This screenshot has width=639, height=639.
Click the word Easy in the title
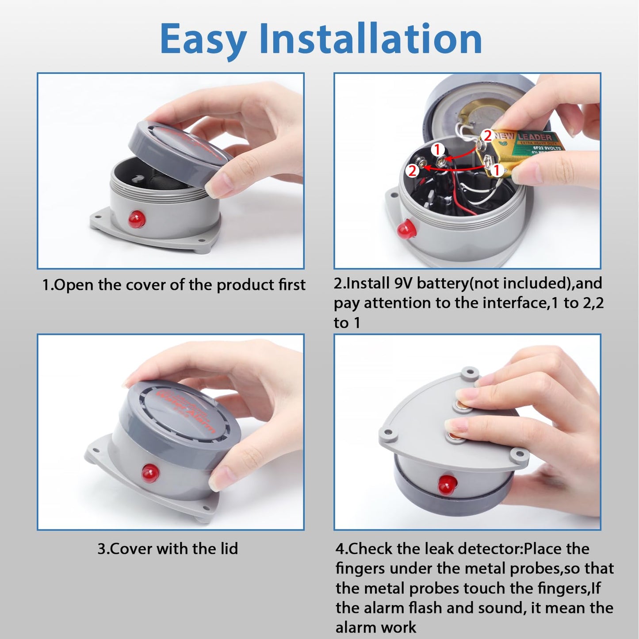pyautogui.click(x=203, y=40)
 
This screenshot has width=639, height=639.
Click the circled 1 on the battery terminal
pyautogui.click(x=496, y=170)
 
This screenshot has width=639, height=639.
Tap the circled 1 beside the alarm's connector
pyautogui.click(x=437, y=149)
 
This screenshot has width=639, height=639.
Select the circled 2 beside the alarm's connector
pyautogui.click(x=412, y=171)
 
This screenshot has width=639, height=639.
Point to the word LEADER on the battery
pyautogui.click(x=535, y=137)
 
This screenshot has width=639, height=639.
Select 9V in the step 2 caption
pyautogui.click(x=403, y=283)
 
